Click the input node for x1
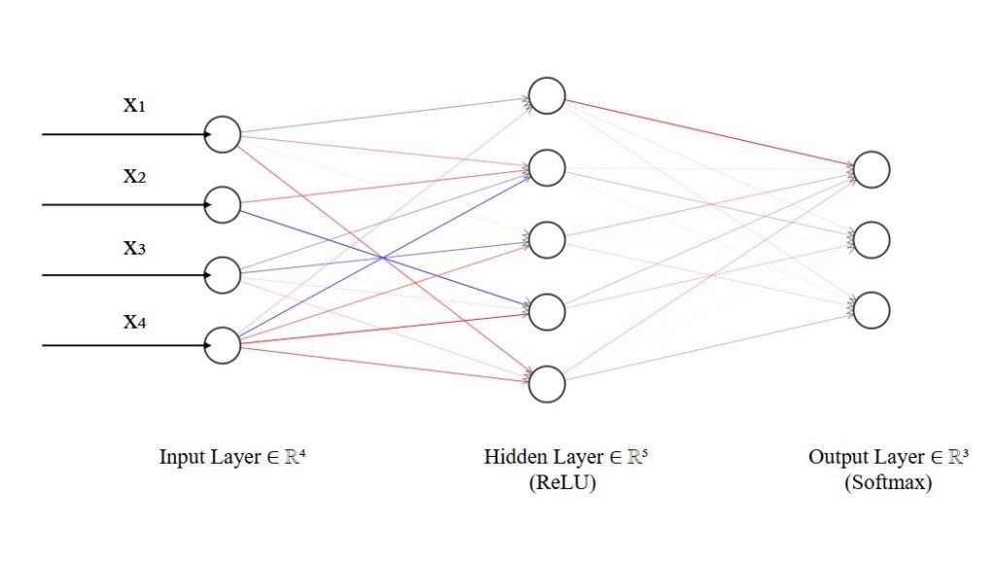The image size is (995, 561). pyautogui.click(x=223, y=134)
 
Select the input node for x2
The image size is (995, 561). pyautogui.click(x=223, y=204)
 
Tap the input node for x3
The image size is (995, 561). pyautogui.click(x=223, y=275)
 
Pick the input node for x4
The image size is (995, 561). pyautogui.click(x=223, y=345)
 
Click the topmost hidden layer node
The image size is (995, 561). pyautogui.click(x=547, y=96)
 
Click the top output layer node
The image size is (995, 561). pyautogui.click(x=872, y=169)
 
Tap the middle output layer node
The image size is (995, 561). pyautogui.click(x=872, y=239)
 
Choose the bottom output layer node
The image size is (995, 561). pyautogui.click(x=872, y=309)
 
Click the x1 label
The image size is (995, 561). pyautogui.click(x=134, y=105)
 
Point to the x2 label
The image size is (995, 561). pyautogui.click(x=134, y=176)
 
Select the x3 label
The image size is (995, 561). pyautogui.click(x=134, y=247)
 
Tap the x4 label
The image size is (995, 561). pyautogui.click(x=134, y=318)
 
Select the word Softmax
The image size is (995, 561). pyautogui.click(x=888, y=483)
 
